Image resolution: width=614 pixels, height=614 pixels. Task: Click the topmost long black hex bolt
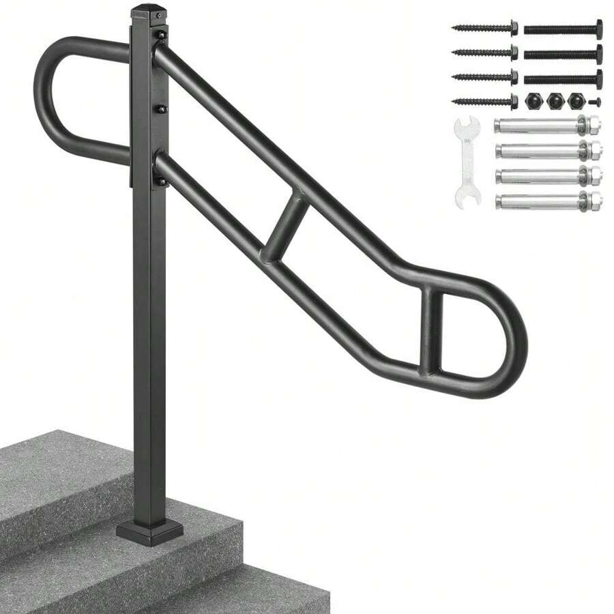[x=563, y=29]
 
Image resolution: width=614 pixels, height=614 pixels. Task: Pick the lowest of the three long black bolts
[x=563, y=78]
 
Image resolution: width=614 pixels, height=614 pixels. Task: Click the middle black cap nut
[x=554, y=100]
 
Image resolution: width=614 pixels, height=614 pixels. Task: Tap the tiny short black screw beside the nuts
[x=594, y=102]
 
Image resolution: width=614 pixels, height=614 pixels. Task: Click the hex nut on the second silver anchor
[x=593, y=150]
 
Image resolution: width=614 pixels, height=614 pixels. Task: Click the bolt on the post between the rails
[x=161, y=109]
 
